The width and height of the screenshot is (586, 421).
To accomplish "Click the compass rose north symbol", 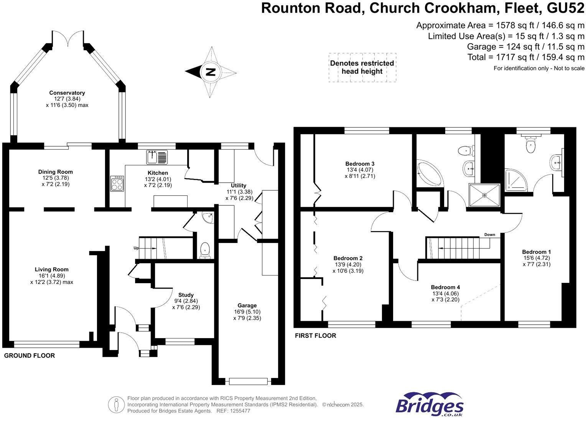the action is [x=210, y=72].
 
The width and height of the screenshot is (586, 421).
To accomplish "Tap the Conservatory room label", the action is [x=67, y=93].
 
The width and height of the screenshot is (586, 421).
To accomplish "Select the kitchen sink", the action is [x=157, y=157].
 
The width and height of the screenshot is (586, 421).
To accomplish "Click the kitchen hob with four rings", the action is [x=117, y=183].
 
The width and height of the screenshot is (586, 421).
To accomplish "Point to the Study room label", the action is [x=186, y=295].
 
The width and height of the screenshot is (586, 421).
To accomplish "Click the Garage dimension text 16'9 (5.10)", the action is [x=247, y=312].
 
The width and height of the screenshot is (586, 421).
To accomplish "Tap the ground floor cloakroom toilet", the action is [x=205, y=249].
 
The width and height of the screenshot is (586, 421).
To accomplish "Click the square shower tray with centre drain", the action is [x=484, y=196].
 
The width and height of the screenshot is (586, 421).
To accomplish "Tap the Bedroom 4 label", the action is [x=445, y=287].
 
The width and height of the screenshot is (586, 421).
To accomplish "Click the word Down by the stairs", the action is [x=489, y=234].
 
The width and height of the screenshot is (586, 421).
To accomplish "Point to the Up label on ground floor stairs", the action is [x=136, y=248].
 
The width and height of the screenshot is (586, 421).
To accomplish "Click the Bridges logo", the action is [x=429, y=405].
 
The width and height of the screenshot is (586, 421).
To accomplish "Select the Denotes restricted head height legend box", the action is [x=362, y=68].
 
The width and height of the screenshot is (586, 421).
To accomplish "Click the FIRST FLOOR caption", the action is [x=315, y=336].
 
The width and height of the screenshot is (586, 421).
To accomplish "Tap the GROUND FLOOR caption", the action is [x=30, y=356].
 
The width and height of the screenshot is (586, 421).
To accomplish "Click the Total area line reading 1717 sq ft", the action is [x=526, y=57].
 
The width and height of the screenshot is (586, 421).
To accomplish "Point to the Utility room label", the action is [x=239, y=186].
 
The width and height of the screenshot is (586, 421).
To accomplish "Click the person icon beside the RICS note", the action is [x=115, y=404].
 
